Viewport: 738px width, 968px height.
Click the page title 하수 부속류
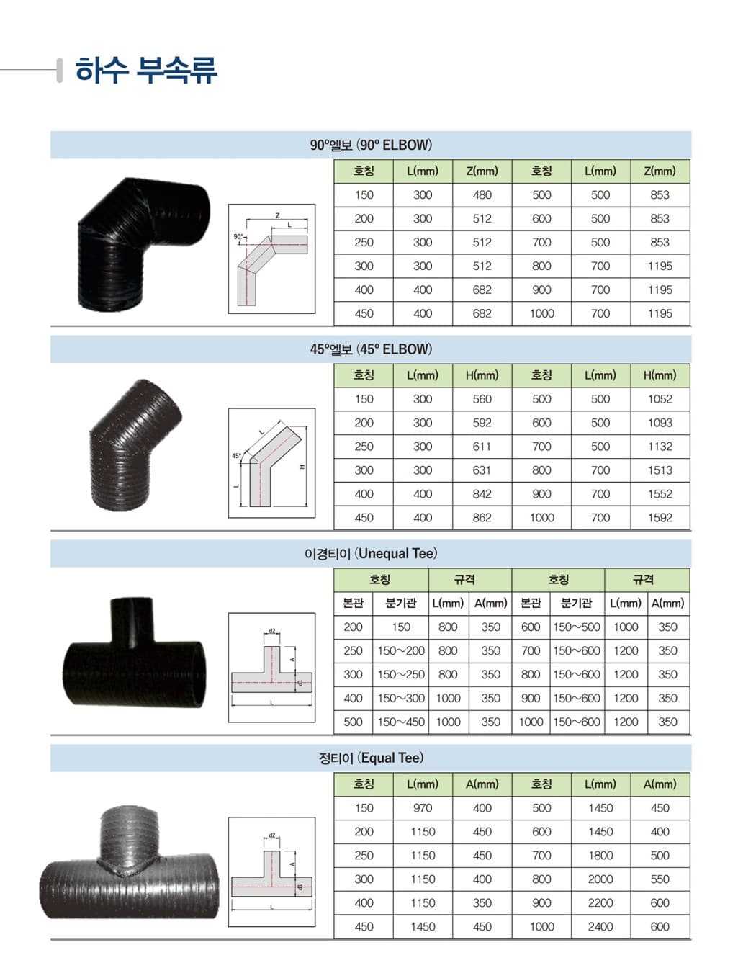point(146,70)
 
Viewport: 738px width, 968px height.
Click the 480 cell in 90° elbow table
point(482,195)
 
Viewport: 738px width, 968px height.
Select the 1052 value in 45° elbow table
point(660,399)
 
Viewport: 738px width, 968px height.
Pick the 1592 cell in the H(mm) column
point(660,518)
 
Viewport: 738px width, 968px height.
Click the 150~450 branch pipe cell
point(400,722)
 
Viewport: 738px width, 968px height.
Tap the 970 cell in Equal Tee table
point(423,808)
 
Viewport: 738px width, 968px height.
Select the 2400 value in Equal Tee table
point(600,926)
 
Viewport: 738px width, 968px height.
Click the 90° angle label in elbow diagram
point(238,237)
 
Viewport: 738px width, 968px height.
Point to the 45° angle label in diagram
point(236,456)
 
